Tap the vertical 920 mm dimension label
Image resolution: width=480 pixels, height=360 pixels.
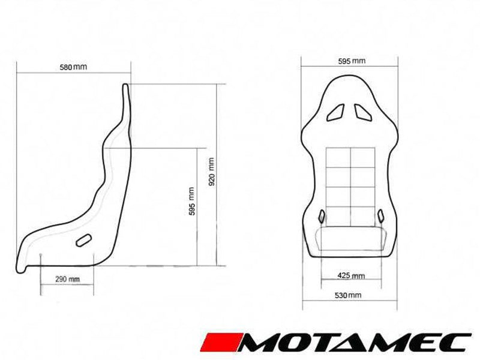coord(211,172)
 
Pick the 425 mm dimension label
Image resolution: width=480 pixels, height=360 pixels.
coord(352,276)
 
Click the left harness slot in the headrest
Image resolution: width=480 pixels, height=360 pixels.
coord(338,112)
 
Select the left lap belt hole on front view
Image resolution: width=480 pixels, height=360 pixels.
coord(322,216)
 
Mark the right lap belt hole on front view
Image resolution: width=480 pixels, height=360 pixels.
coord(380,215)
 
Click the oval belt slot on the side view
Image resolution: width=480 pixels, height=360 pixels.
coord(84,239)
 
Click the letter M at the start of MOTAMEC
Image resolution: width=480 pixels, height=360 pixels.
coord(260,341)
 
